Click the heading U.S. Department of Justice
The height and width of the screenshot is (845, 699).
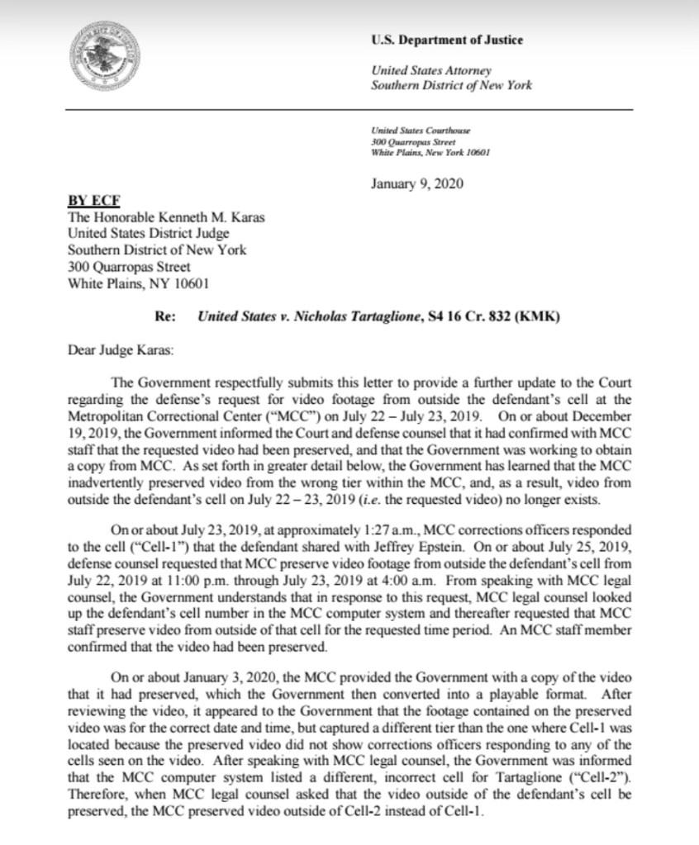coord(446,40)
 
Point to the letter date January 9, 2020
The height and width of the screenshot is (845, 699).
coord(417,183)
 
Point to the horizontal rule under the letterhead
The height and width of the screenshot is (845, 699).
coord(350,110)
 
